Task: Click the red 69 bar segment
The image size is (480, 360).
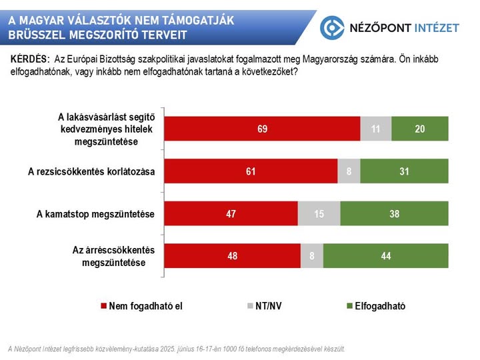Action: point(262,129)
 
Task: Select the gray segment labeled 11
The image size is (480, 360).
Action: point(376,129)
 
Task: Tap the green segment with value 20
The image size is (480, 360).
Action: point(420,129)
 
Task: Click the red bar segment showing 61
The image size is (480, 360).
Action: point(251,171)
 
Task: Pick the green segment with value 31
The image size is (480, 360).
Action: point(405,171)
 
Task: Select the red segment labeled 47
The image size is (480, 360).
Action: point(231,214)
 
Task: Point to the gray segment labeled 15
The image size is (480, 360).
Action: point(319,214)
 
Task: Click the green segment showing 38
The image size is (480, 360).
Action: point(395,214)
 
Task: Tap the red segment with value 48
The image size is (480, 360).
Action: point(232,256)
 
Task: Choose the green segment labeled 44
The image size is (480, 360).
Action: point(386,256)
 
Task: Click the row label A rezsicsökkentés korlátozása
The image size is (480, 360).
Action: point(91,171)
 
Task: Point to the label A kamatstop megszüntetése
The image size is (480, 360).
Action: point(95,214)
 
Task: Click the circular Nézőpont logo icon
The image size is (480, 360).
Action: point(333,27)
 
